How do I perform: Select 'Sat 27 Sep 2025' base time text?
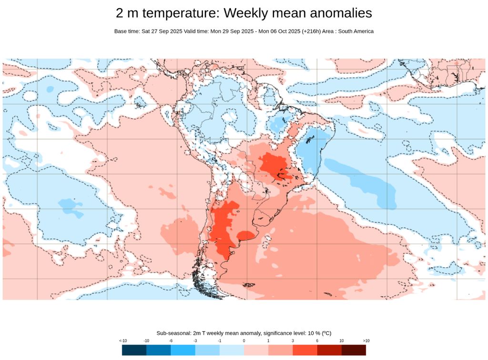coord(162,31)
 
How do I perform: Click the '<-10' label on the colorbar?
coord(123,340)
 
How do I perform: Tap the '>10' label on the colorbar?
coord(366,340)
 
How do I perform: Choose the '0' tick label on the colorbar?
coord(244,340)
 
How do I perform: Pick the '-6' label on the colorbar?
coord(171,340)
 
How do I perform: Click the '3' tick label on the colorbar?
coord(293,340)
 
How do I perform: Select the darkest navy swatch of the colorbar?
coord(134,350)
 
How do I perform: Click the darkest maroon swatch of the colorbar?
coord(354,350)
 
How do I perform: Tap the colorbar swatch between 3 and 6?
coord(305,350)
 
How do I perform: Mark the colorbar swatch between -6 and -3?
coord(183,350)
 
